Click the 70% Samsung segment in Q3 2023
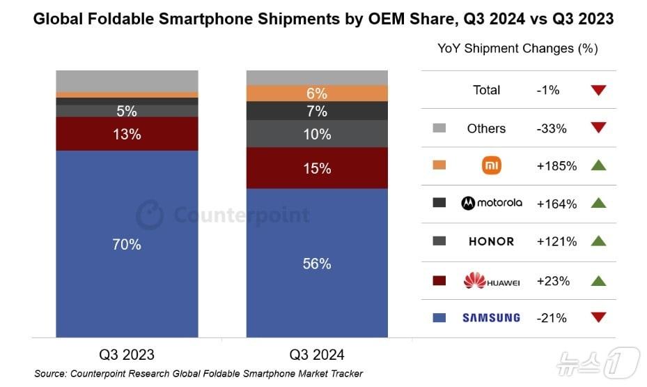pos(127,244)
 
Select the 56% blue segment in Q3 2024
pos(317,264)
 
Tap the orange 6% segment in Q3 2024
pos(317,93)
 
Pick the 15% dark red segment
pos(317,168)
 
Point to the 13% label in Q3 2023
pos(127,134)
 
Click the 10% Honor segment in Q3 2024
pos(317,134)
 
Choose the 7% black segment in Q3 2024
pos(317,111)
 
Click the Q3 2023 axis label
pos(127,354)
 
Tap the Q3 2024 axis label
pos(318,354)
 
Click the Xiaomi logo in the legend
pos(491,166)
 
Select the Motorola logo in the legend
pos(491,204)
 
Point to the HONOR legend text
pos(491,242)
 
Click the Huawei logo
pos(491,281)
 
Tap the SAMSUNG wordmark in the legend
pos(491,318)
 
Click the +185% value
pos(556,167)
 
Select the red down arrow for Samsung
pos(598,318)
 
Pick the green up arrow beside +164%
pos(598,204)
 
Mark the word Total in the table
pos(486,90)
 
